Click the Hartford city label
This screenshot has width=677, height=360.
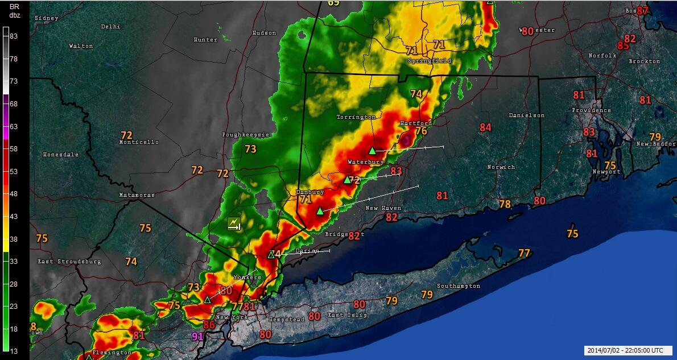click(x=415, y=123)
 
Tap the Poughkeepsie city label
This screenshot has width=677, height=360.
click(x=245, y=135)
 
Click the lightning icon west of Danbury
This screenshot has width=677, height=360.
click(x=234, y=224)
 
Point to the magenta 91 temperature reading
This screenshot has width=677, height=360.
click(x=198, y=336)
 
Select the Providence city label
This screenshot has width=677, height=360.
click(x=592, y=110)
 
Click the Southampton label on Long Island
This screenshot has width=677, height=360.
click(x=458, y=286)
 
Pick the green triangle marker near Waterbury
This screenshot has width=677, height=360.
click(x=371, y=151)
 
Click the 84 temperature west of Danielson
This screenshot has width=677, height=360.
click(x=485, y=127)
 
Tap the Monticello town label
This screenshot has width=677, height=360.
click(x=138, y=142)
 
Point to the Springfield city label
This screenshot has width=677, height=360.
click(x=429, y=61)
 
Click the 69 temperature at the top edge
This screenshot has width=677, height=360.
click(x=333, y=3)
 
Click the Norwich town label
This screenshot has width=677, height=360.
click(x=501, y=167)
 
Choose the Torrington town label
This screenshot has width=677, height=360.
click(x=356, y=117)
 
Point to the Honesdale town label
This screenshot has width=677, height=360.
click(x=61, y=155)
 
